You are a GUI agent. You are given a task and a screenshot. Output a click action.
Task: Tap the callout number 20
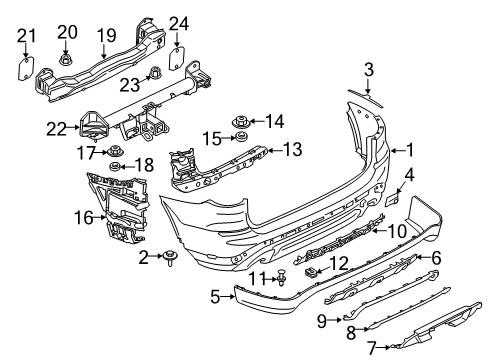(x=68, y=31)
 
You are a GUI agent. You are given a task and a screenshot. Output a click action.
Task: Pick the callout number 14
(x=274, y=122)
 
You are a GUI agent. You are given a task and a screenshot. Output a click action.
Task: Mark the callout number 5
(x=215, y=296)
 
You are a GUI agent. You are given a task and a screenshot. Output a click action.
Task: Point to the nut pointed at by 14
(x=241, y=122)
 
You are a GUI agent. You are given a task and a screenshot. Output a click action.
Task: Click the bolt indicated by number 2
(x=172, y=261)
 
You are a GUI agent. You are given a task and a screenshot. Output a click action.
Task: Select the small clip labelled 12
(x=312, y=271)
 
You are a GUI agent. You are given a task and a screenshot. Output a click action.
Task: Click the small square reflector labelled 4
(x=393, y=200)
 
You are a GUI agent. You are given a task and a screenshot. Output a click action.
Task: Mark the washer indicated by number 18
(x=115, y=164)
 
